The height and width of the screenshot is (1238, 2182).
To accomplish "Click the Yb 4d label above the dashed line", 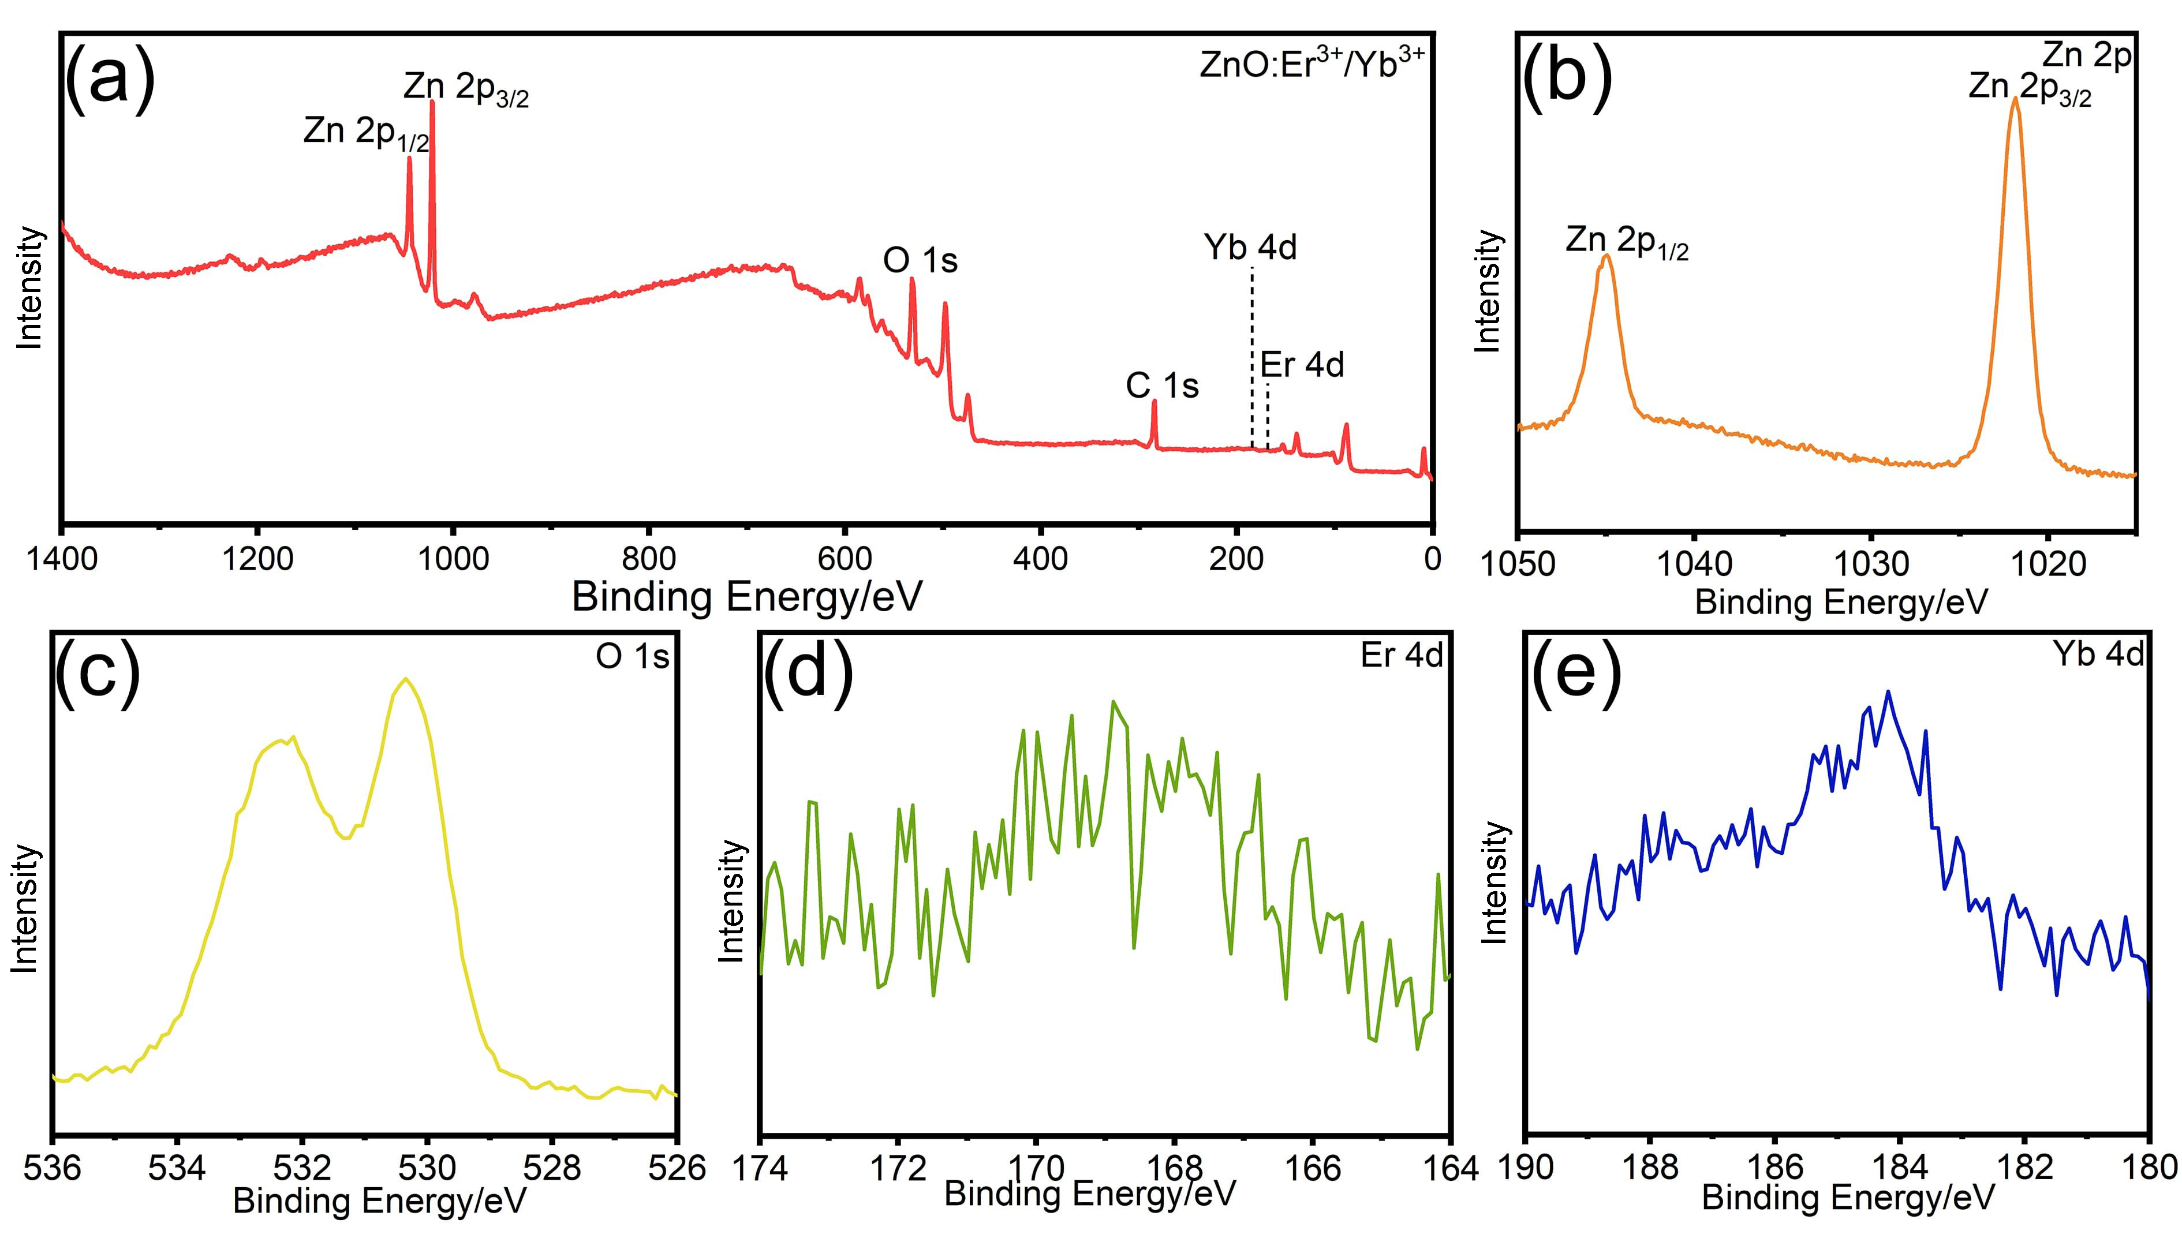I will [x=1250, y=248].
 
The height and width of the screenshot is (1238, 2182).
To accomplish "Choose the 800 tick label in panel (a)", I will [x=648, y=559].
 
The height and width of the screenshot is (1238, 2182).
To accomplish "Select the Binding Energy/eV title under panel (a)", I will [x=746, y=596].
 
